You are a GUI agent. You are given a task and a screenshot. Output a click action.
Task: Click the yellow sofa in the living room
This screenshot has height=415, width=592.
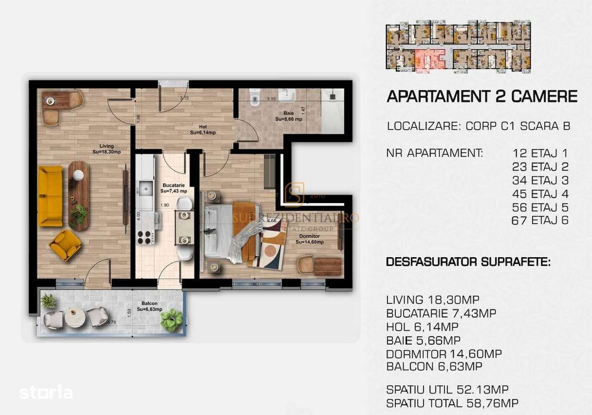(50, 196)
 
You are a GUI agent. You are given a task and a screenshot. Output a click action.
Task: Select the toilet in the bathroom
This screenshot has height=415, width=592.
(254, 98)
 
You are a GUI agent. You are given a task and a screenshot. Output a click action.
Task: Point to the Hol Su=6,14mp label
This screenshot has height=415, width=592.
(203, 129)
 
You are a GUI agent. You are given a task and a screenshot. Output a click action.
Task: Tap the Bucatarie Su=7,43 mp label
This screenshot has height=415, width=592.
(173, 187)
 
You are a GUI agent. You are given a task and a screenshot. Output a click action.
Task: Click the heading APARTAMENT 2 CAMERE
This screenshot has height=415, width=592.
(481, 96)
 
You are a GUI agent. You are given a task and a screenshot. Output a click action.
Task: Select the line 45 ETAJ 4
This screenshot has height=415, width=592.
(540, 193)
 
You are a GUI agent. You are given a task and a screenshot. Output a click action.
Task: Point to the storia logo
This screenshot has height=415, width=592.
(46, 393)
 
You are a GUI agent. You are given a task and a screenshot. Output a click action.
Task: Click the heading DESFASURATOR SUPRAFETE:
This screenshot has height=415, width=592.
(468, 262)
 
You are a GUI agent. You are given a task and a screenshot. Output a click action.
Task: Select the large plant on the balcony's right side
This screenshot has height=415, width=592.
(172, 319)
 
